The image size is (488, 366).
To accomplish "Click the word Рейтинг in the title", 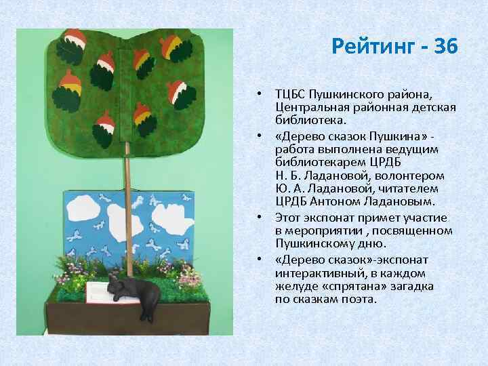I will click(x=372, y=47).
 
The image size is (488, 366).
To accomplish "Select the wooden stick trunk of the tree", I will click(x=125, y=203).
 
